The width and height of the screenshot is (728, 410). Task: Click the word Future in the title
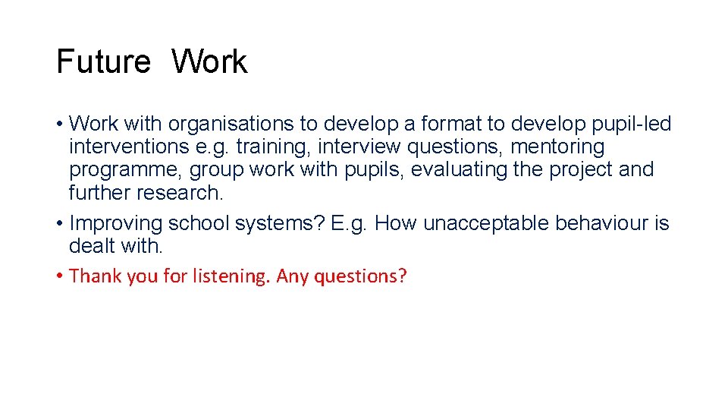104,61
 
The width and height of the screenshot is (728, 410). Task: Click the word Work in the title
209,61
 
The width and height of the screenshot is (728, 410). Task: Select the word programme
126,169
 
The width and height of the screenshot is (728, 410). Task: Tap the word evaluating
460,169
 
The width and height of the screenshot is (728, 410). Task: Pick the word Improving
116,223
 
